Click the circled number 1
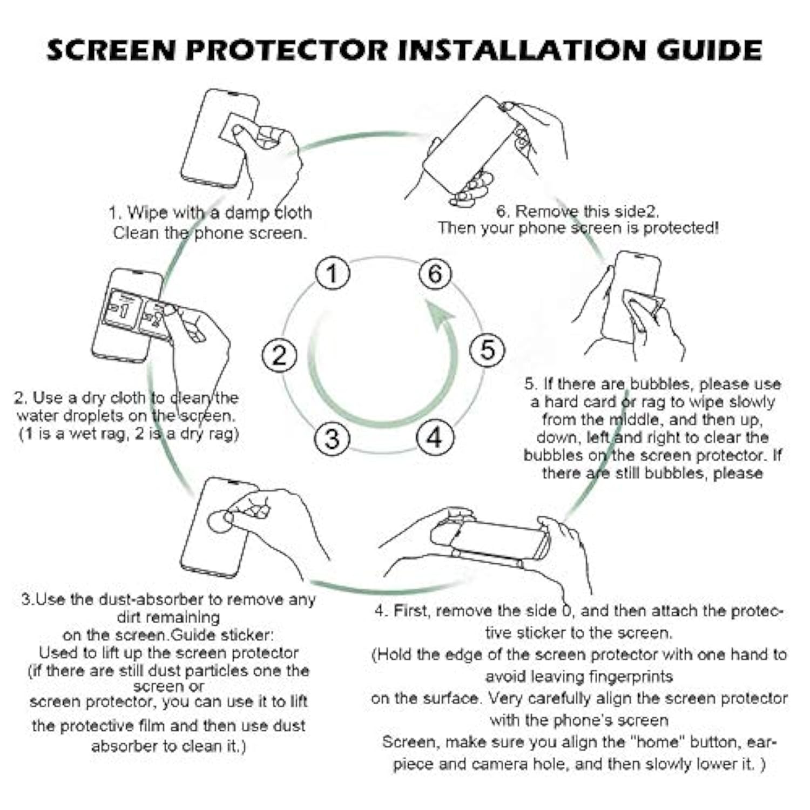coord(333,273)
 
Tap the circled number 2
coord(279,356)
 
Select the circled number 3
coord(332,438)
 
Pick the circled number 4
coord(434,437)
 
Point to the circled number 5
coord(487,350)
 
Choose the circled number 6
coord(435,274)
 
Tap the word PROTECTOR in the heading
coord(287,50)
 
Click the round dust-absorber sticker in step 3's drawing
coord(221,521)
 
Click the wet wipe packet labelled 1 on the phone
coord(123,308)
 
